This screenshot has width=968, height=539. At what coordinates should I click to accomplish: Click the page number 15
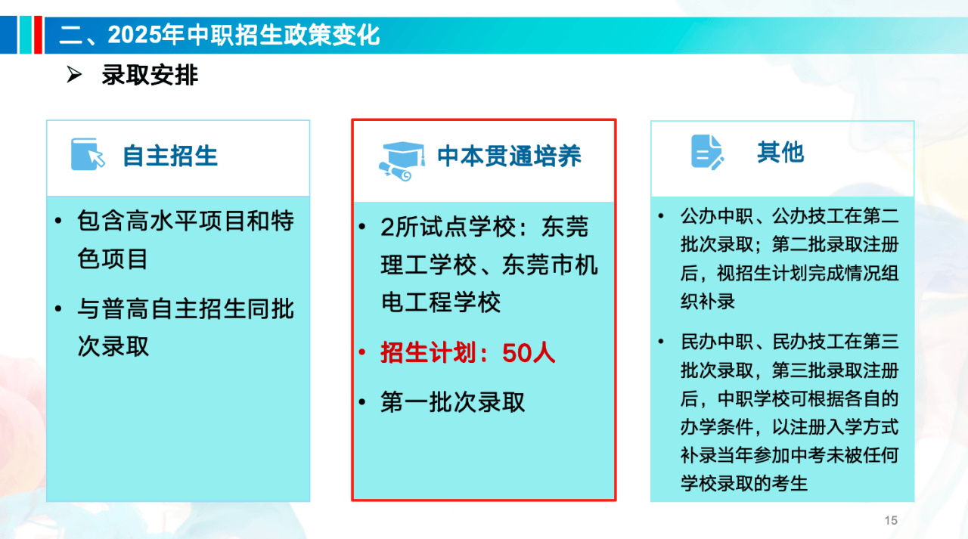tap(891, 520)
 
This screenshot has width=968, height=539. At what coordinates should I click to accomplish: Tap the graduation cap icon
tap(402, 161)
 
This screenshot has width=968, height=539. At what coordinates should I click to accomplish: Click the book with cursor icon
tap(88, 154)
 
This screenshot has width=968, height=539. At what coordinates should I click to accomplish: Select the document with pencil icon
tap(707, 152)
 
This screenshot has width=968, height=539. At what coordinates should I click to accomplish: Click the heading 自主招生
tap(170, 156)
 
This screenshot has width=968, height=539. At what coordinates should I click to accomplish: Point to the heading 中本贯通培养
tap(510, 156)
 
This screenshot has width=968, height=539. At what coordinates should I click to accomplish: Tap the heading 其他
tap(780, 152)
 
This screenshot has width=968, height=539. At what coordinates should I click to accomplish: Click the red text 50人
tap(528, 352)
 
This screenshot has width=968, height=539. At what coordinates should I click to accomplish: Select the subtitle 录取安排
tap(150, 75)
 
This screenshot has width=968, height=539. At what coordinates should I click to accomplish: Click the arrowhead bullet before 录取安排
tap(74, 75)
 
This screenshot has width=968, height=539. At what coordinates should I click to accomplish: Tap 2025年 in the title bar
tap(147, 35)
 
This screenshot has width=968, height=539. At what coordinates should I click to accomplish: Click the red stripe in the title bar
tap(38, 35)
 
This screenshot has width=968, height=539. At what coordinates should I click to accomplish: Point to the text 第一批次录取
tap(452, 402)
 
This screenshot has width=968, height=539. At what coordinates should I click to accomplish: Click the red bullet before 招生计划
tap(362, 352)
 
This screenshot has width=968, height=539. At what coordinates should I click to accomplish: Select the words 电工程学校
tap(441, 302)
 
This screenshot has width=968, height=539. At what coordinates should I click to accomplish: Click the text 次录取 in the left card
tap(113, 346)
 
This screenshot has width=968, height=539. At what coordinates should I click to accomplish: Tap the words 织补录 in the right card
tap(708, 301)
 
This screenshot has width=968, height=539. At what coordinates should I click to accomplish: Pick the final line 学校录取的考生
tap(744, 483)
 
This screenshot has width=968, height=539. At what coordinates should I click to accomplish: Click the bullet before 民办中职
tap(661, 342)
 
